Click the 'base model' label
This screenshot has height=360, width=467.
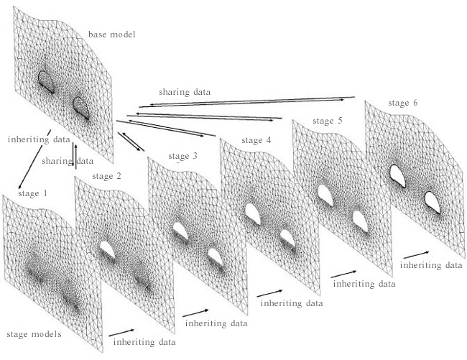[111, 34]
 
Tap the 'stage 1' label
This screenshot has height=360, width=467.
[33, 193]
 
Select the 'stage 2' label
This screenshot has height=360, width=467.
[106, 176]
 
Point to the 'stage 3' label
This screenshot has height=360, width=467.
[182, 157]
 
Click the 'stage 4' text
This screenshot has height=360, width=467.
[256, 140]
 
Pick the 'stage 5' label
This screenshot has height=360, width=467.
[328, 121]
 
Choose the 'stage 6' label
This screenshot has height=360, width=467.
[402, 103]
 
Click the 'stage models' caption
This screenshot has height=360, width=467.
[34, 334]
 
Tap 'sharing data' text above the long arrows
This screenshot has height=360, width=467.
[185, 92]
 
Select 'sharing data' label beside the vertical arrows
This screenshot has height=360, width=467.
[68, 161]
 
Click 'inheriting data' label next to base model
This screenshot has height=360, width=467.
[39, 139]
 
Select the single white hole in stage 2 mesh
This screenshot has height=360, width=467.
[108, 249]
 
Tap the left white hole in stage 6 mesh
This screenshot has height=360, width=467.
[397, 175]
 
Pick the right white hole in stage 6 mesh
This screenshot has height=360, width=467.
[432, 203]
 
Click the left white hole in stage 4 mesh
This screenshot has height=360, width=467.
[253, 214]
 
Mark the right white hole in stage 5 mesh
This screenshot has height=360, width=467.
[360, 221]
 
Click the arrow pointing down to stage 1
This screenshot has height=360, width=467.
[35, 159]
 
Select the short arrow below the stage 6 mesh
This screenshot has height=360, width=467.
[417, 255]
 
